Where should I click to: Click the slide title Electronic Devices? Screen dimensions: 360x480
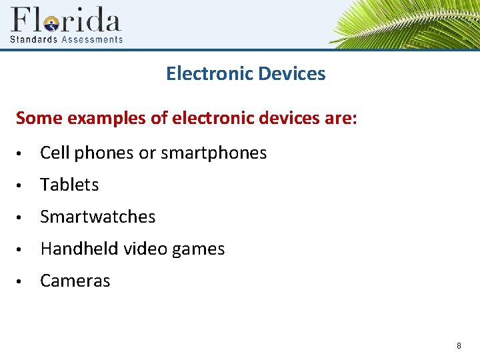click(x=245, y=73)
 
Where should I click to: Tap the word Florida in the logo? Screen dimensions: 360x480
click(x=65, y=20)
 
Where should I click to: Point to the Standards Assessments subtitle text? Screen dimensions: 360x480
click(x=66, y=39)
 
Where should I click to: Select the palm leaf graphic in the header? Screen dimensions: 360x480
click(x=407, y=23)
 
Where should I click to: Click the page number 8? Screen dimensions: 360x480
click(x=459, y=345)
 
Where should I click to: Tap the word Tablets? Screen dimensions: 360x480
click(x=69, y=185)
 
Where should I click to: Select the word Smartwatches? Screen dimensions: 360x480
click(x=97, y=217)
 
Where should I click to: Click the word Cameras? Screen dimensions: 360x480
click(x=75, y=281)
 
